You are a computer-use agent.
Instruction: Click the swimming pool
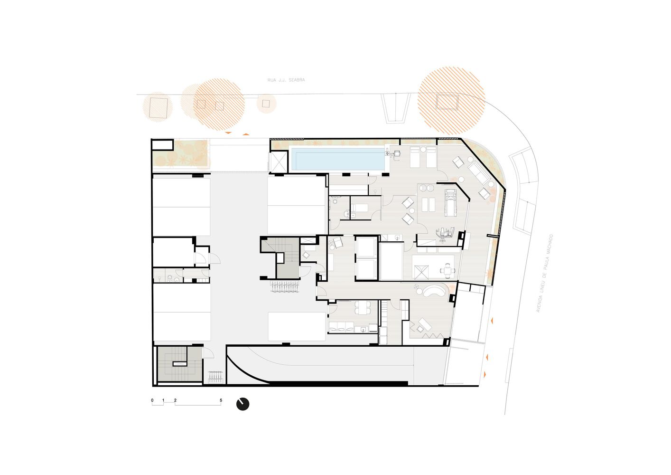pos(338,159)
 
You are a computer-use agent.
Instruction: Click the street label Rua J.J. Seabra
pos(286,80)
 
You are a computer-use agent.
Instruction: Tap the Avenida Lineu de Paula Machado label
pos(544,274)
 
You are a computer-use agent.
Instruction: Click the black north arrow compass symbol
pos(242,404)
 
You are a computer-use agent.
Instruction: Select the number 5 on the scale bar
pos(221,400)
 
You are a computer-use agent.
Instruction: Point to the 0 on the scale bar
pos(152,400)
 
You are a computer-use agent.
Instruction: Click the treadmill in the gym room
pos(449,202)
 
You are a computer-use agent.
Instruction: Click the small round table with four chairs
pos(447,270)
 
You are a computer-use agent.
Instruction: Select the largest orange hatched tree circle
pos(451,100)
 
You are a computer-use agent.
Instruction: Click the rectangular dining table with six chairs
pos(362,307)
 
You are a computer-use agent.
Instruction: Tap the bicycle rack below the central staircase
pos(285,287)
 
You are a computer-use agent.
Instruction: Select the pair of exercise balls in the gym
pos(427,188)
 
